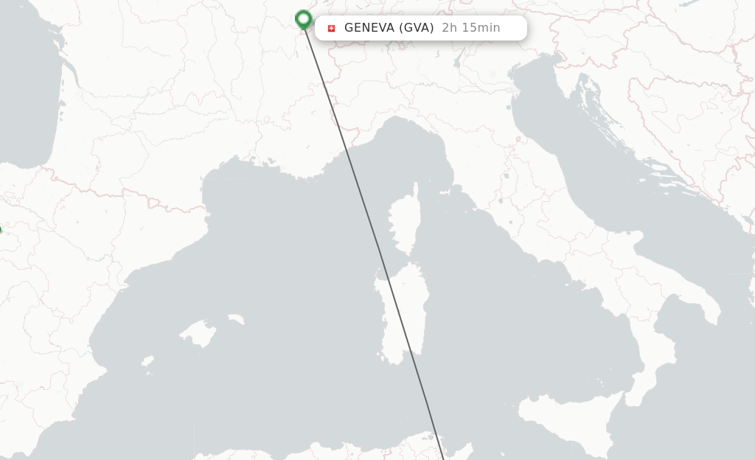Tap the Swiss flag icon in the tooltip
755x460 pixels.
click(x=331, y=28)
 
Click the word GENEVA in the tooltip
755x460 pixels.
click(x=369, y=28)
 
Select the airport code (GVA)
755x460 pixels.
click(x=416, y=28)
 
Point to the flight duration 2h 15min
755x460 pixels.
click(x=470, y=28)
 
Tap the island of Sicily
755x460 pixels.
click(x=568, y=420)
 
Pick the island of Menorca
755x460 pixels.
click(x=235, y=320)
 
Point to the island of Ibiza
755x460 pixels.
click(x=147, y=362)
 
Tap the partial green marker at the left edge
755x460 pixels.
click(x=1, y=230)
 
